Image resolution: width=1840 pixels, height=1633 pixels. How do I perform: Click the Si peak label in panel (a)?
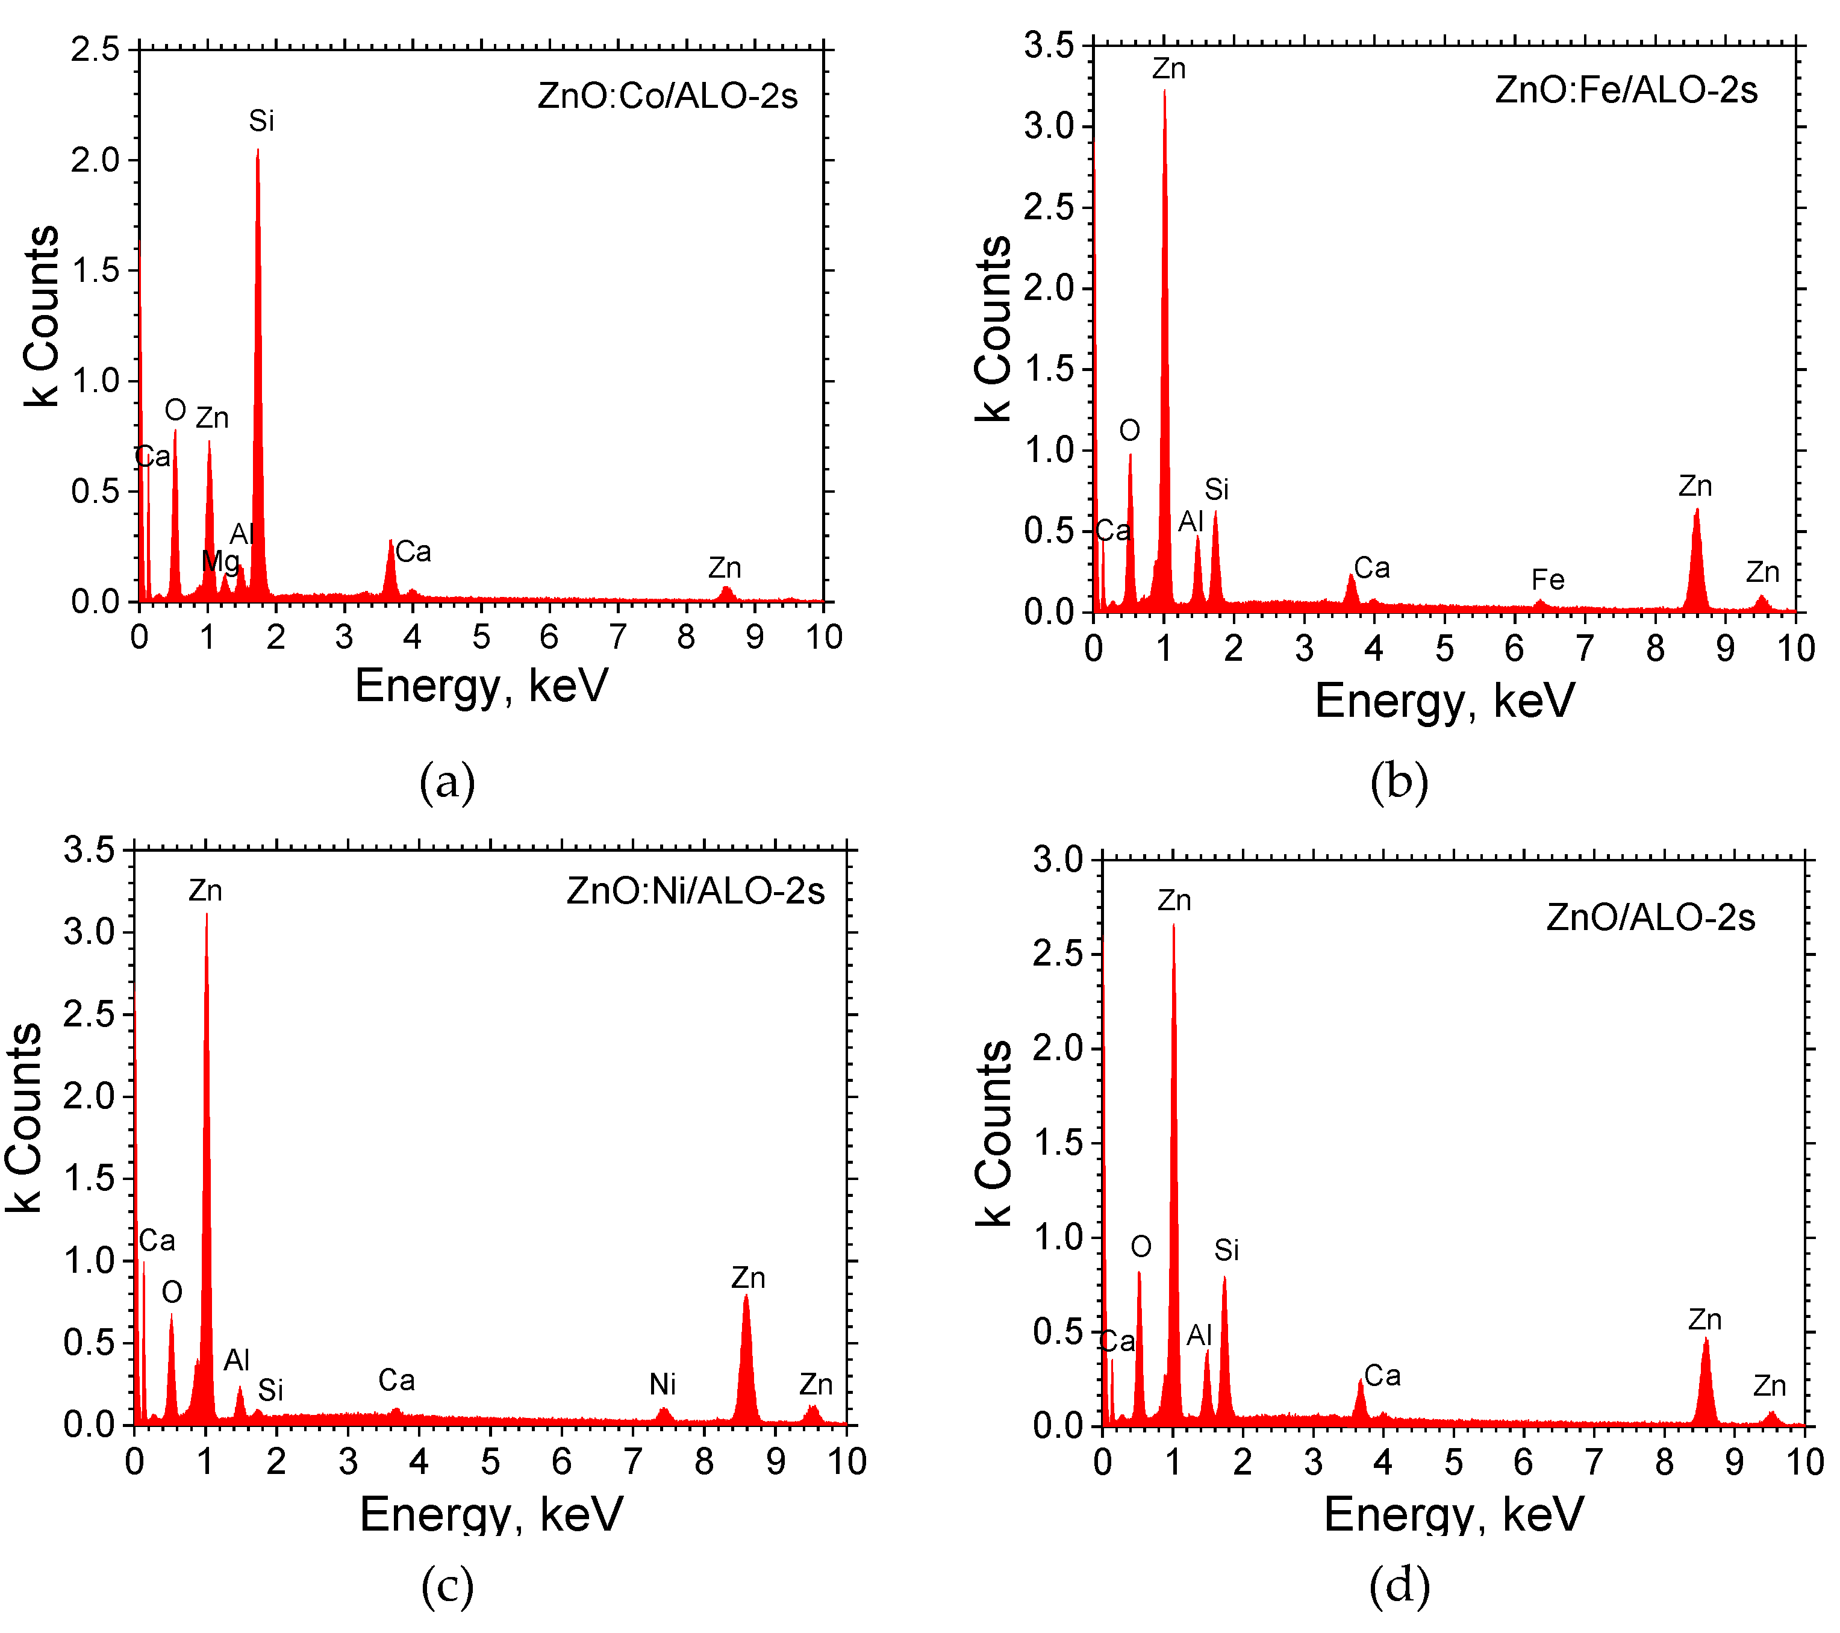[x=261, y=120]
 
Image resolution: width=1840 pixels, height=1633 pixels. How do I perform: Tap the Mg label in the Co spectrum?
[x=220, y=561]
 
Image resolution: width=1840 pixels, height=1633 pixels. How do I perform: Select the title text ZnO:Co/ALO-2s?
[x=667, y=95]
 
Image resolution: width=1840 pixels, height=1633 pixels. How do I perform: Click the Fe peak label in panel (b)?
[x=1547, y=579]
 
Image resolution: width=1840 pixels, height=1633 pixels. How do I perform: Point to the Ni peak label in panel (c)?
[x=663, y=1384]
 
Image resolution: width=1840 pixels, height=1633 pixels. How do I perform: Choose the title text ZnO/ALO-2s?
[x=1650, y=917]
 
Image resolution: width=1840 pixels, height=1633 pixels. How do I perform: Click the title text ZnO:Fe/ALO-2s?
[x=1626, y=90]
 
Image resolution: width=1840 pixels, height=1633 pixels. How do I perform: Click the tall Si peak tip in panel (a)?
[x=257, y=153]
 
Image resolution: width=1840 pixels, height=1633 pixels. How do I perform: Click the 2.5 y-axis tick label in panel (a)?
[x=95, y=49]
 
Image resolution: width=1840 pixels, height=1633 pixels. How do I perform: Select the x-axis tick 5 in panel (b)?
[x=1444, y=648]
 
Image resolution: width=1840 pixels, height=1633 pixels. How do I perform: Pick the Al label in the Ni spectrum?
[x=237, y=1360]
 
